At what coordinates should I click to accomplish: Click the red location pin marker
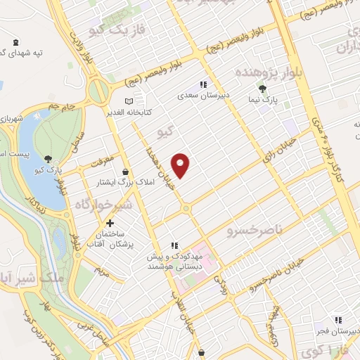click(x=181, y=165)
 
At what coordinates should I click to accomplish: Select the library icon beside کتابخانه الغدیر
click(x=128, y=101)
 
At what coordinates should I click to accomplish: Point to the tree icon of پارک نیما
click(x=262, y=89)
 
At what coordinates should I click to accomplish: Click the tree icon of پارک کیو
click(x=48, y=159)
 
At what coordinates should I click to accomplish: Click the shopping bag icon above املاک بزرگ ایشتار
click(x=125, y=172)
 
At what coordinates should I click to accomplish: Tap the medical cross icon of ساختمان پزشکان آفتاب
click(x=110, y=223)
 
